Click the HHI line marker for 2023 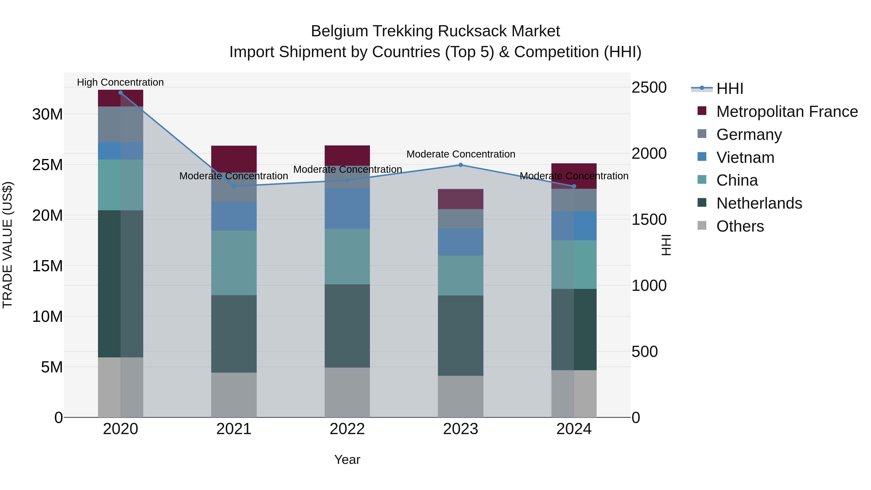point(460,165)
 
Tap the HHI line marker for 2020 point(120,93)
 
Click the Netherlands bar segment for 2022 point(347,326)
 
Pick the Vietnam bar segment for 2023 point(460,242)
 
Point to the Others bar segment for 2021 point(234,395)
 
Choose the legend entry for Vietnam point(745,158)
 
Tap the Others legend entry point(740,226)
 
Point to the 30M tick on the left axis point(47,114)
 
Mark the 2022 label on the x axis point(347,429)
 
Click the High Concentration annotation point(120,82)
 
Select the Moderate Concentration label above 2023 point(460,154)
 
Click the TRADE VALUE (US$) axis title point(8,245)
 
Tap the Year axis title point(347,460)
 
